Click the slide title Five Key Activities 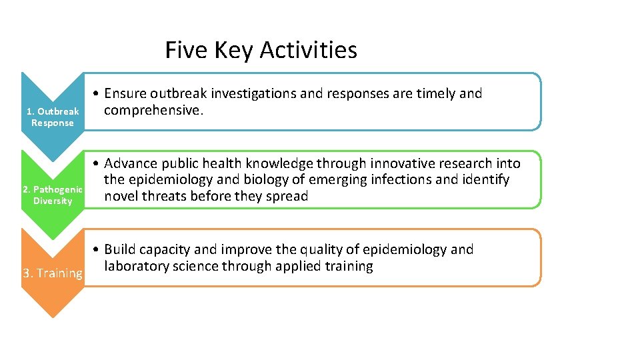pyautogui.click(x=261, y=50)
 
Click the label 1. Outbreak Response pyautogui.click(x=53, y=117)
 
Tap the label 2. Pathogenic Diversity pyautogui.click(x=53, y=195)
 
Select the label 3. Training pyautogui.click(x=53, y=273)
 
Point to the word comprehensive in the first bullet pyautogui.click(x=153, y=111)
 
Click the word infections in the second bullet pyautogui.click(x=399, y=180)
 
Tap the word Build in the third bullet pyautogui.click(x=119, y=249)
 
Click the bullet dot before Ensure pyautogui.click(x=97, y=94)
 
